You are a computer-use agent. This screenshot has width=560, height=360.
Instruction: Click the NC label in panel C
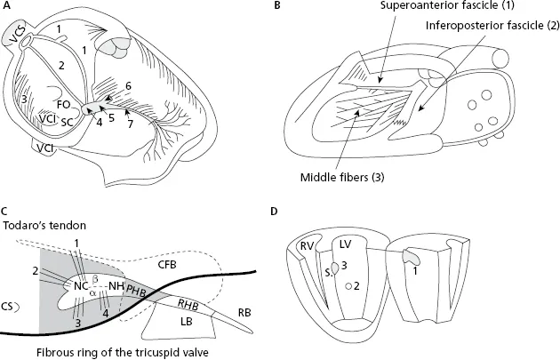click(x=80, y=286)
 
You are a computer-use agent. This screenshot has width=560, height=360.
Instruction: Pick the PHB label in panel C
click(x=138, y=289)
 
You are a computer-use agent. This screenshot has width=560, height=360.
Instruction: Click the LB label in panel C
click(x=186, y=318)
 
